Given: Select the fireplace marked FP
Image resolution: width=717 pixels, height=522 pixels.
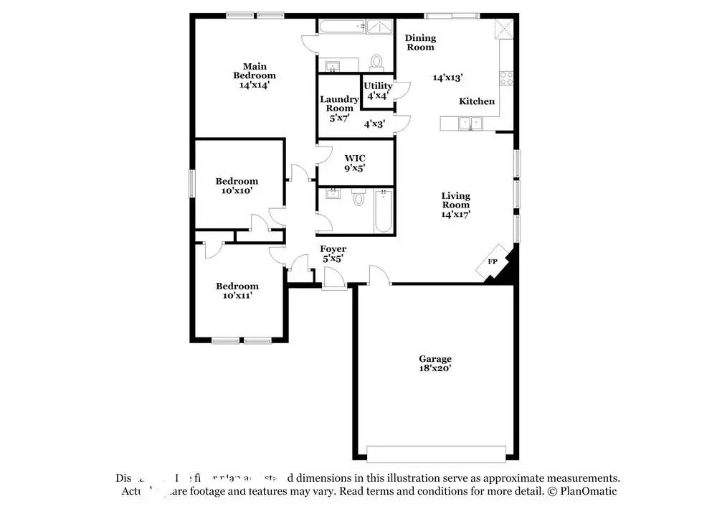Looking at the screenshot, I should (493, 263).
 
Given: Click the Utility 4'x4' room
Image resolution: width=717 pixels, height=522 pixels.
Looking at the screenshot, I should (378, 90).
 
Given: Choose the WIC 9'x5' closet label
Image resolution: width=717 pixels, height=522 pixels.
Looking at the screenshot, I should (355, 163).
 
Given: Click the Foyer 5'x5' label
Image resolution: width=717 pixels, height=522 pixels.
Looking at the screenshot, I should (333, 253).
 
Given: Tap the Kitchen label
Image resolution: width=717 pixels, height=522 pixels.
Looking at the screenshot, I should (477, 101).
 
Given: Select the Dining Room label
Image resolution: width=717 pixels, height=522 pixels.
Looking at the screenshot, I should (420, 42).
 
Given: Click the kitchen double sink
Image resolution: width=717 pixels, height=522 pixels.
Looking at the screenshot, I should (470, 124).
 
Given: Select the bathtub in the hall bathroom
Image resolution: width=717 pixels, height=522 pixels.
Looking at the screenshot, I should (384, 211).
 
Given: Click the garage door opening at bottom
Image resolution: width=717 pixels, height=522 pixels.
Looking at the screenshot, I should (435, 454).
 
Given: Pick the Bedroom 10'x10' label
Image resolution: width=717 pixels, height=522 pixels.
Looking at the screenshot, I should (237, 186).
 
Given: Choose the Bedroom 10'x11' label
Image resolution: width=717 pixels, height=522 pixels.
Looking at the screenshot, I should (237, 290).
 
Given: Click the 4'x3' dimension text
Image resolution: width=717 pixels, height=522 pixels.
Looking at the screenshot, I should (374, 123).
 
